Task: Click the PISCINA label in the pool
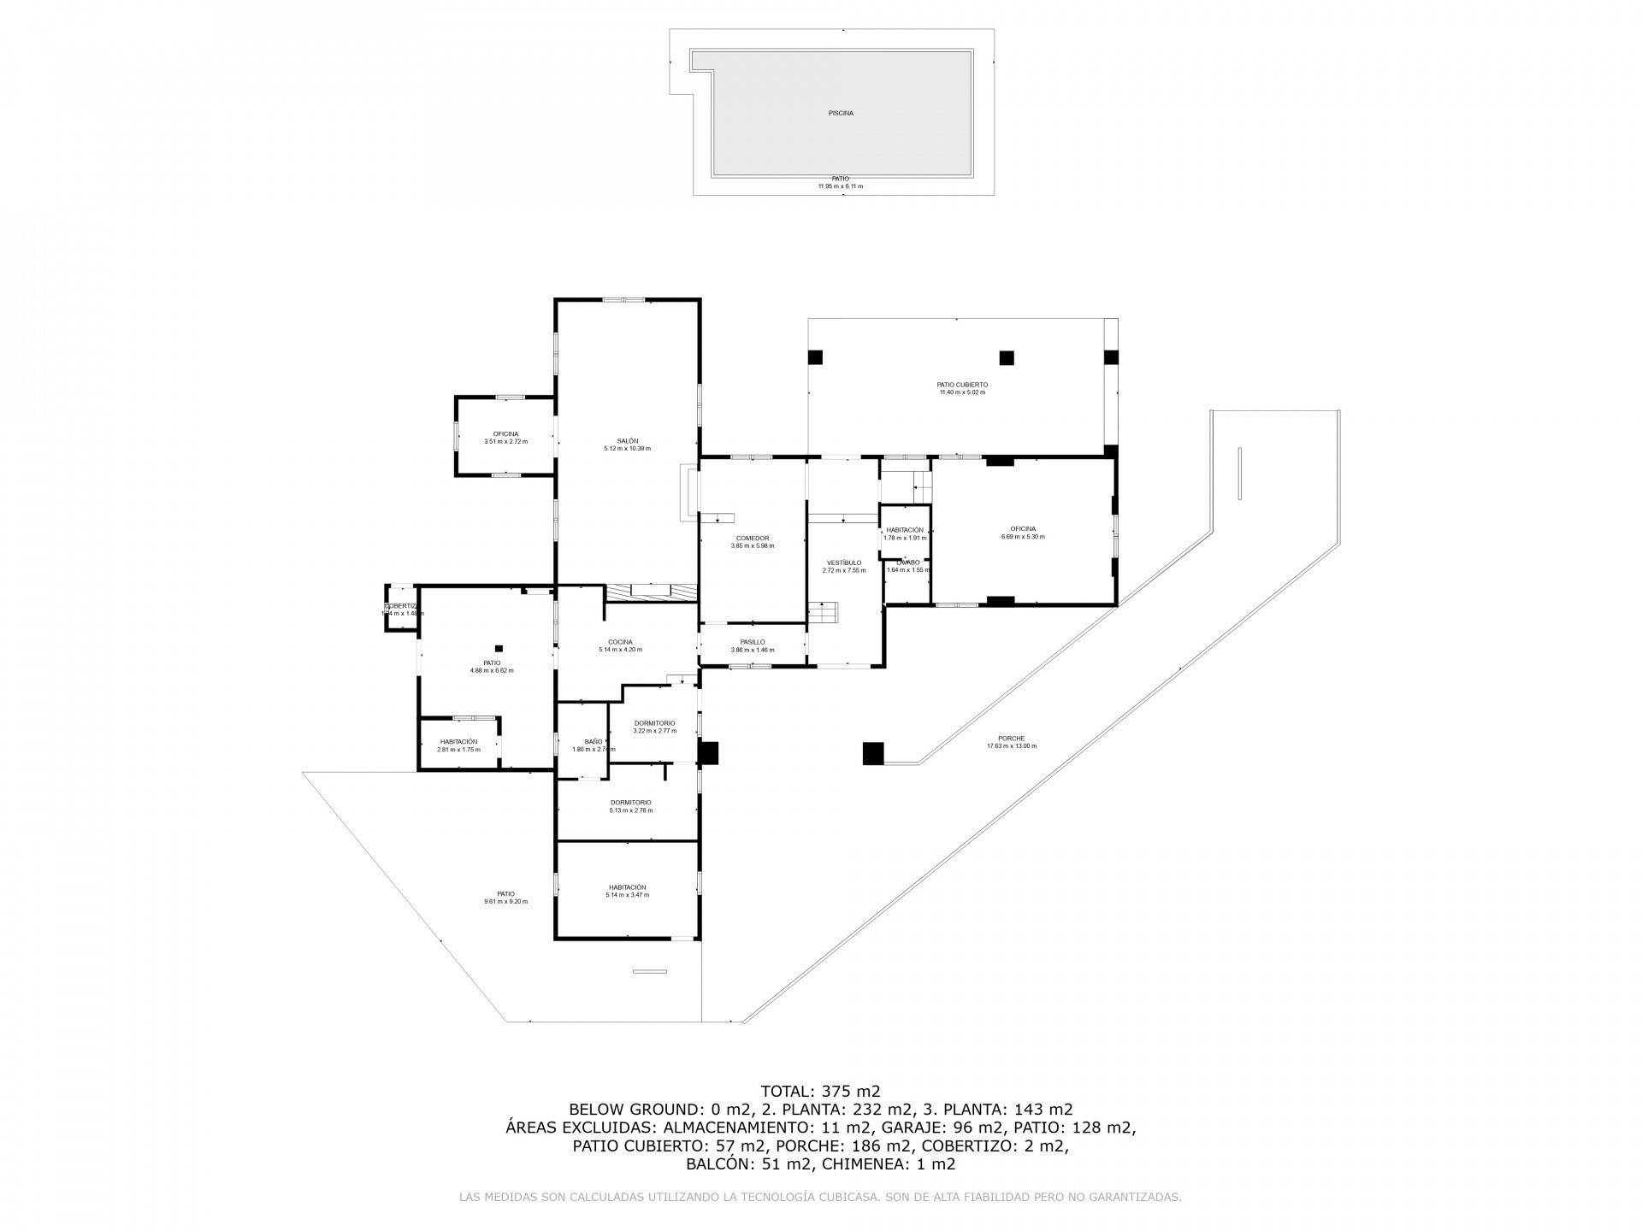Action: pos(841,113)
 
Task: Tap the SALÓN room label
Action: pos(627,441)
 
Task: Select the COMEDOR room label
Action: pos(752,539)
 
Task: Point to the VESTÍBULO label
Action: pos(843,562)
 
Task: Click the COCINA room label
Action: pos(620,642)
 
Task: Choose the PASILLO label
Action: pos(752,642)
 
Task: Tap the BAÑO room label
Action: pos(594,742)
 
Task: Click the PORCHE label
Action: pos(1011,739)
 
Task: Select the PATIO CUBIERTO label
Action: pos(962,385)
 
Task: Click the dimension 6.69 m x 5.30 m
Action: pos(1023,537)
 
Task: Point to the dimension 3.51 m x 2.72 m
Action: pos(505,442)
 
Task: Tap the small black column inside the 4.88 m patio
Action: pos(499,648)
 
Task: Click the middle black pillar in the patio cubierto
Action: pos(1007,358)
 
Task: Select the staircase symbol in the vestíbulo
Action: pos(824,612)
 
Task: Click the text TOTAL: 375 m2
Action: pos(820,1091)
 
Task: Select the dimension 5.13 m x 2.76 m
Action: pos(630,810)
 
